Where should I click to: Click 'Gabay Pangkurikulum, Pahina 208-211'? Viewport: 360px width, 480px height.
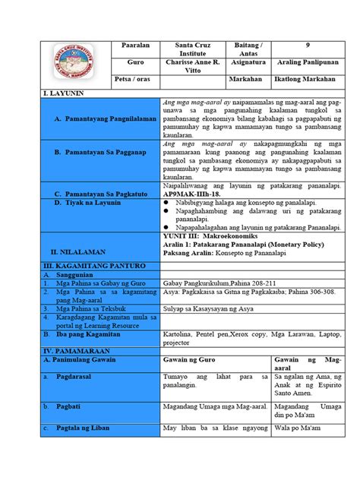click(x=219, y=283)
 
